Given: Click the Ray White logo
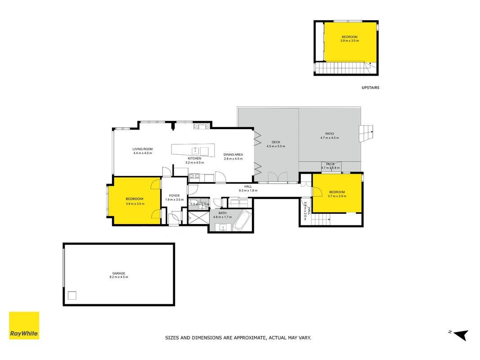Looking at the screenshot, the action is [24, 325].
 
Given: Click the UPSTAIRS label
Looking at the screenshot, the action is [370, 88].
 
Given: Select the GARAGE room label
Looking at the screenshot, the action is [119, 273].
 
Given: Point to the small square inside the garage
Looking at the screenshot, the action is [72, 295].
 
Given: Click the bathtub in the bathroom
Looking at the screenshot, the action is [242, 220].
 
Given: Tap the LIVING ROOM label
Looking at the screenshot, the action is [143, 149].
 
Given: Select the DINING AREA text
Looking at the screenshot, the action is [233, 155].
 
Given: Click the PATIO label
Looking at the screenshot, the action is [330, 134].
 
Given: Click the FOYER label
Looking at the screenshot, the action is [175, 196].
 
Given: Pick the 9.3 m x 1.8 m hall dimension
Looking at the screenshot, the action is [248, 190].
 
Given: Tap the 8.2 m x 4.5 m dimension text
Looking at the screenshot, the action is [119, 277].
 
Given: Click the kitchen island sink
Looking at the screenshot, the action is [195, 150].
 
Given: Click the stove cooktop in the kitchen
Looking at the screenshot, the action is [194, 175].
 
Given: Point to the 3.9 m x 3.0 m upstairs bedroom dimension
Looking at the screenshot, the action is [350, 40].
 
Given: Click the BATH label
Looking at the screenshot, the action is [223, 213].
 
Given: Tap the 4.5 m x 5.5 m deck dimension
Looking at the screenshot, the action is [276, 146].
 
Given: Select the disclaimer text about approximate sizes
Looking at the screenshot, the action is [238, 338].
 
